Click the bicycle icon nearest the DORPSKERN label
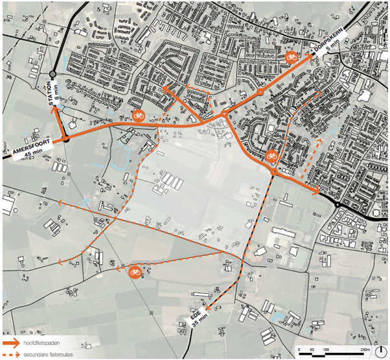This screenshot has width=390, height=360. point(292,57)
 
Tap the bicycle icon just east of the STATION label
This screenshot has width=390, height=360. point(138,115)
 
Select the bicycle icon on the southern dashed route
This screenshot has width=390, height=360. point(135,271)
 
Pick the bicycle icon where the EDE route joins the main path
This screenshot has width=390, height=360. point(272,156)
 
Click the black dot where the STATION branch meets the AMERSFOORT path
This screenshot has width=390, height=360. point(66,139)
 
